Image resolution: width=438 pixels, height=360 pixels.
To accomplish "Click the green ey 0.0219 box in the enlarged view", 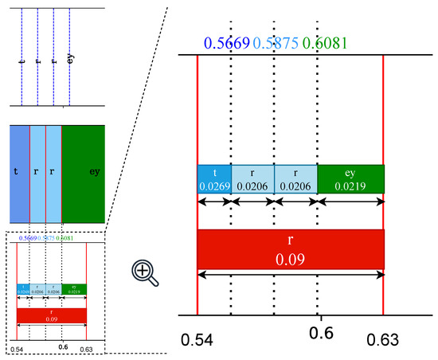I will click(350, 179).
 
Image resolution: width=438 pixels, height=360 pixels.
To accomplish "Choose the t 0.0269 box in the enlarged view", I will click(214, 179).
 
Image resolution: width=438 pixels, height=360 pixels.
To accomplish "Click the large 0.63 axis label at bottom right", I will click(382, 340).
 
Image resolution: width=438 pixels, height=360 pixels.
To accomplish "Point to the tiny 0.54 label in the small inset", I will click(17, 349).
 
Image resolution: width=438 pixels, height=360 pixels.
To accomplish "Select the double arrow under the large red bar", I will click(291, 274).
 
